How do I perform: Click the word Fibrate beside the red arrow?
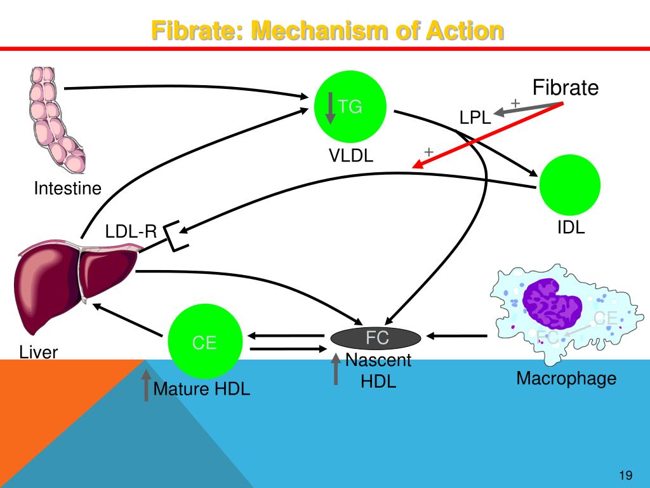[565, 88]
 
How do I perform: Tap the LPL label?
[475, 118]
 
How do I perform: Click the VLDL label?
[351, 156]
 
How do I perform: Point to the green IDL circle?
[569, 184]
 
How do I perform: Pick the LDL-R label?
[131, 232]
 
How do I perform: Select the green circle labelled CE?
[204, 342]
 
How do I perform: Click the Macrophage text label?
[566, 379]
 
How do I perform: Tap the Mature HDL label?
[202, 389]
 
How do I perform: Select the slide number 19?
[625, 476]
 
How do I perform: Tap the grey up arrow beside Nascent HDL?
[336, 369]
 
